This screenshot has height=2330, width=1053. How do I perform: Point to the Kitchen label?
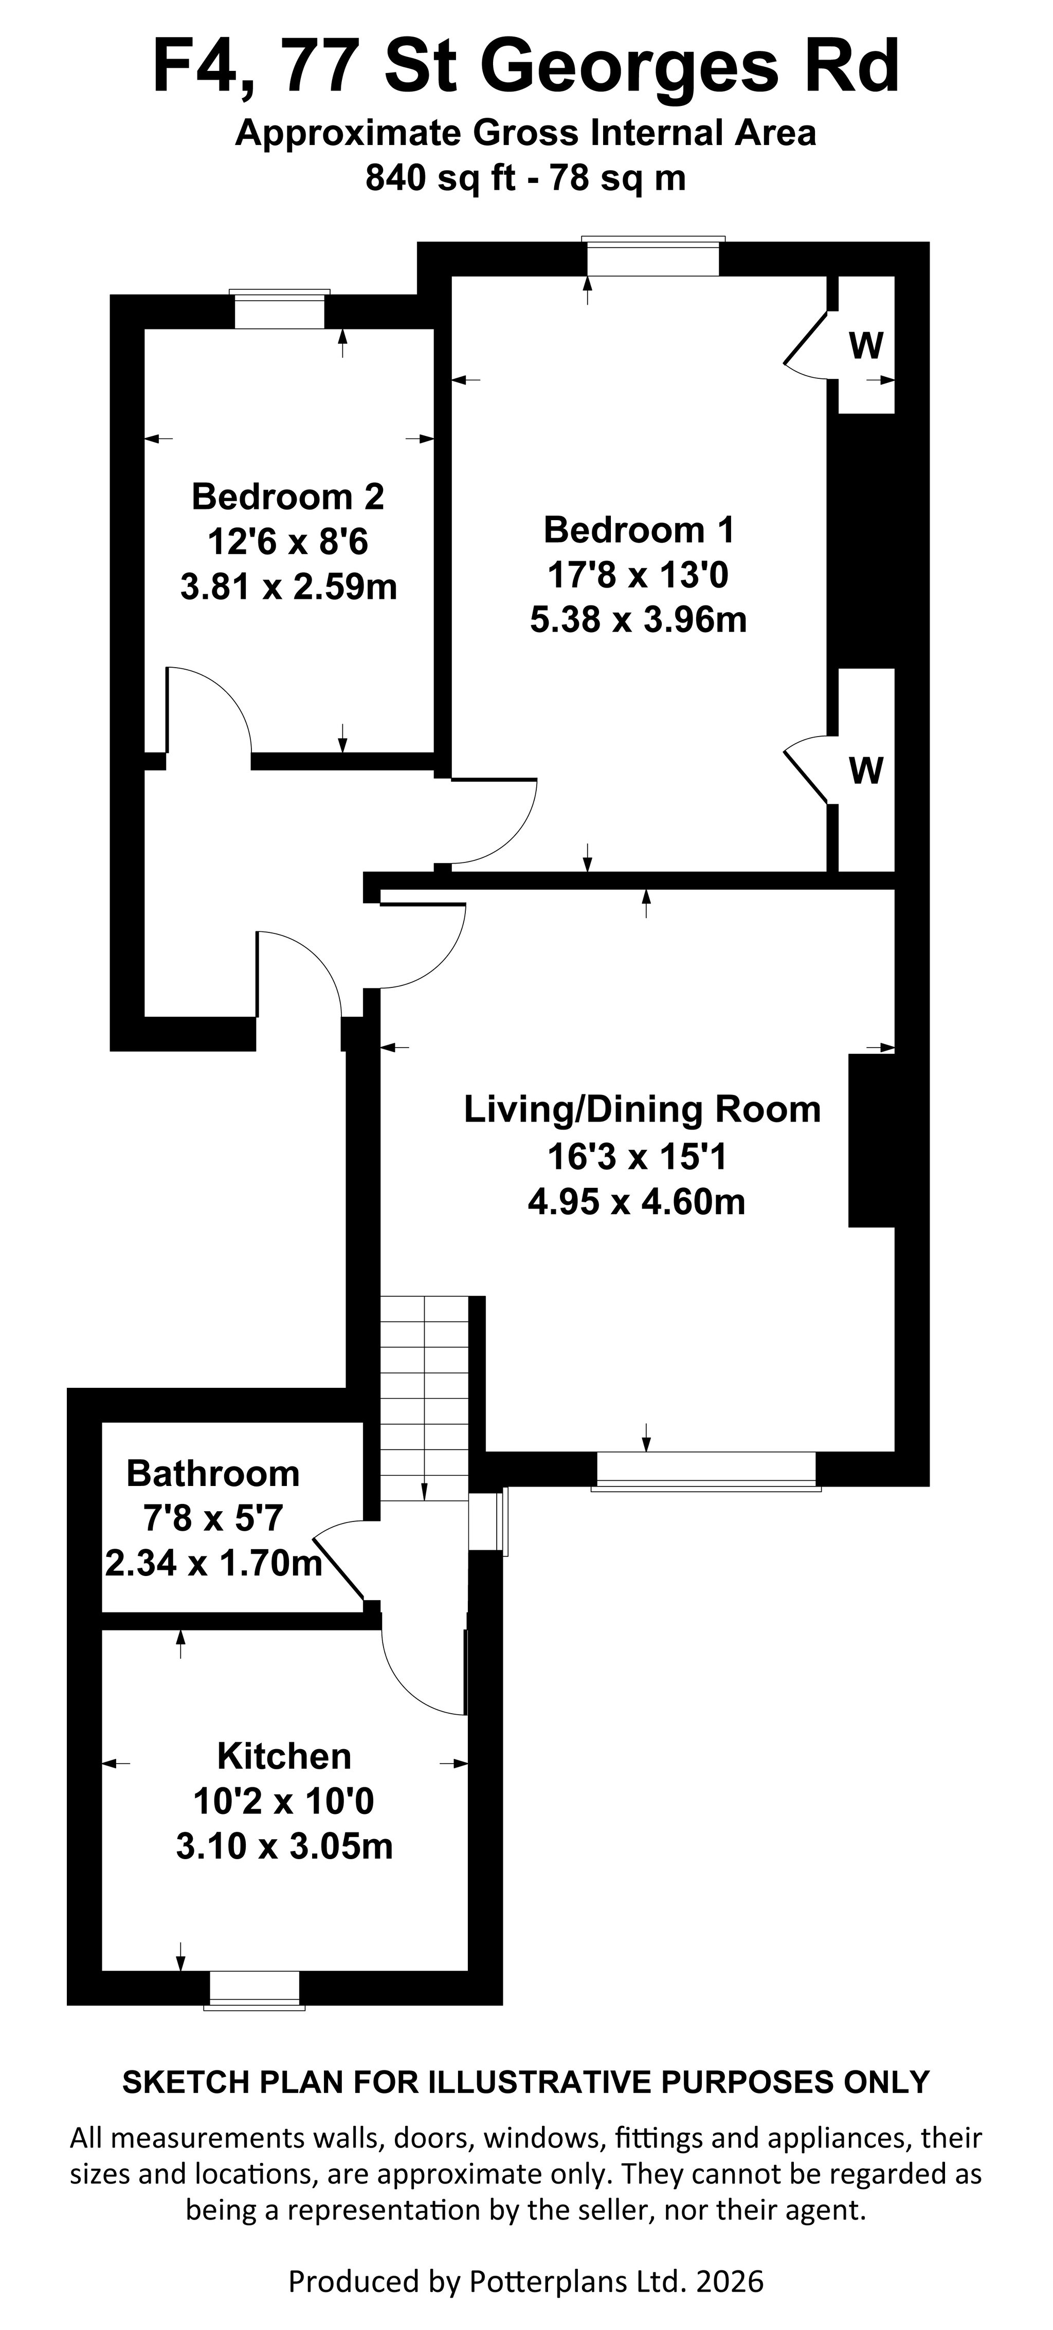[284, 1756]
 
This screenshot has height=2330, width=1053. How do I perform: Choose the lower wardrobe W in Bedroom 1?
[866, 770]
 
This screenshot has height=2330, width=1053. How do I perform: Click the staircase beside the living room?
[423, 1399]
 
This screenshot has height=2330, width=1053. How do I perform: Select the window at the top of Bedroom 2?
[279, 309]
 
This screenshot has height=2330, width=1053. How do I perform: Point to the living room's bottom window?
[705, 1471]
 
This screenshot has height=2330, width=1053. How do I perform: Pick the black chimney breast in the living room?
[871, 1141]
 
